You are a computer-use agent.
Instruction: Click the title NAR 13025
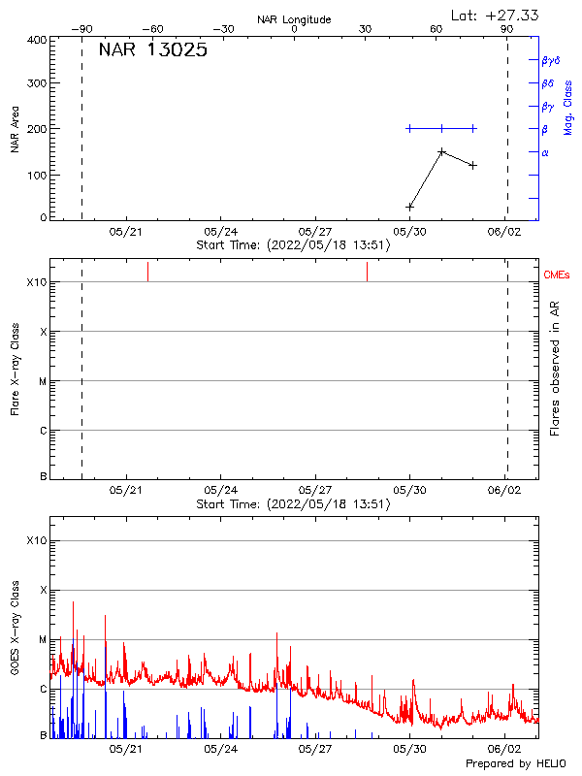tap(153, 51)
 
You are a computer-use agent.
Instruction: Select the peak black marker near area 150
tap(442, 151)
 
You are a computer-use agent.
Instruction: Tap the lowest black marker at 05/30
tap(409, 207)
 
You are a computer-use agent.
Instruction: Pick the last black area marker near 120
tap(473, 165)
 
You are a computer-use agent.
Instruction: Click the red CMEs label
tap(557, 275)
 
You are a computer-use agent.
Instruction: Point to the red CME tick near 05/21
tap(147, 272)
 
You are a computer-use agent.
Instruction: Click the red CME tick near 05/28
tap(367, 272)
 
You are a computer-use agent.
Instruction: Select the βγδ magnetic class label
tap(551, 60)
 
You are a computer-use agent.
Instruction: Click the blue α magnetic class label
tap(545, 152)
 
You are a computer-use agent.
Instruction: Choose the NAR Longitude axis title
tap(294, 19)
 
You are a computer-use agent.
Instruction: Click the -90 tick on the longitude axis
tap(84, 30)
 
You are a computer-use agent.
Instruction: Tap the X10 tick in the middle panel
tap(37, 282)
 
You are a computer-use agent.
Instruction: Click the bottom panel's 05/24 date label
tap(221, 749)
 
